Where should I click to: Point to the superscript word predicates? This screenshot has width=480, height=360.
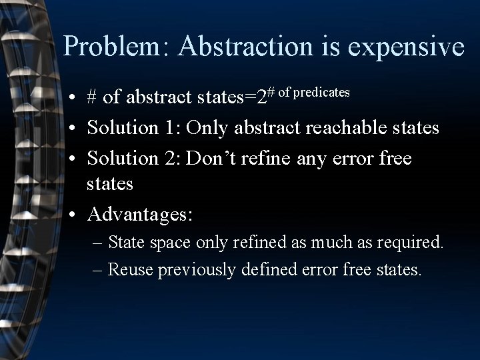click(321, 92)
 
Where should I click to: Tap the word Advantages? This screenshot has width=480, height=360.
click(139, 215)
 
